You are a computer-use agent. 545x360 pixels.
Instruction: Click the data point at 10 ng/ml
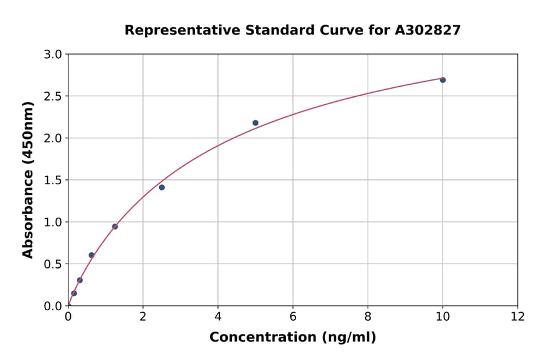click(443, 80)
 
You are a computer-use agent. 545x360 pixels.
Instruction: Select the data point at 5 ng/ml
click(256, 123)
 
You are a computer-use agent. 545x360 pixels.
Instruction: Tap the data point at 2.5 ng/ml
click(162, 187)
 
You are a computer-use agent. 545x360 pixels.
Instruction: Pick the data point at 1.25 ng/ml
click(115, 227)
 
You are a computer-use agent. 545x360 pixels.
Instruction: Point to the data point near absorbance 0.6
click(91, 255)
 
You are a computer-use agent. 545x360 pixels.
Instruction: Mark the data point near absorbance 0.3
click(80, 280)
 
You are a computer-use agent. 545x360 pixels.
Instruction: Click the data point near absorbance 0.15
click(74, 293)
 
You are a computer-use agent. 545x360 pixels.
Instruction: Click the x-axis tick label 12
click(518, 316)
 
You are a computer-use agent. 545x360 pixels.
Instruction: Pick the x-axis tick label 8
click(368, 316)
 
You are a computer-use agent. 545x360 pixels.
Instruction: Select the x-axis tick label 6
click(292, 316)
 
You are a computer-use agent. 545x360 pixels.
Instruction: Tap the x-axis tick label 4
click(218, 316)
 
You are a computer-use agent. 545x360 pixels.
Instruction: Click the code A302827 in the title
click(428, 30)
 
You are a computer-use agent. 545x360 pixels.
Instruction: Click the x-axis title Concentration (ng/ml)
click(292, 338)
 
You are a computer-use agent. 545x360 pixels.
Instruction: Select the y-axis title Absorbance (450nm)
click(28, 179)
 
